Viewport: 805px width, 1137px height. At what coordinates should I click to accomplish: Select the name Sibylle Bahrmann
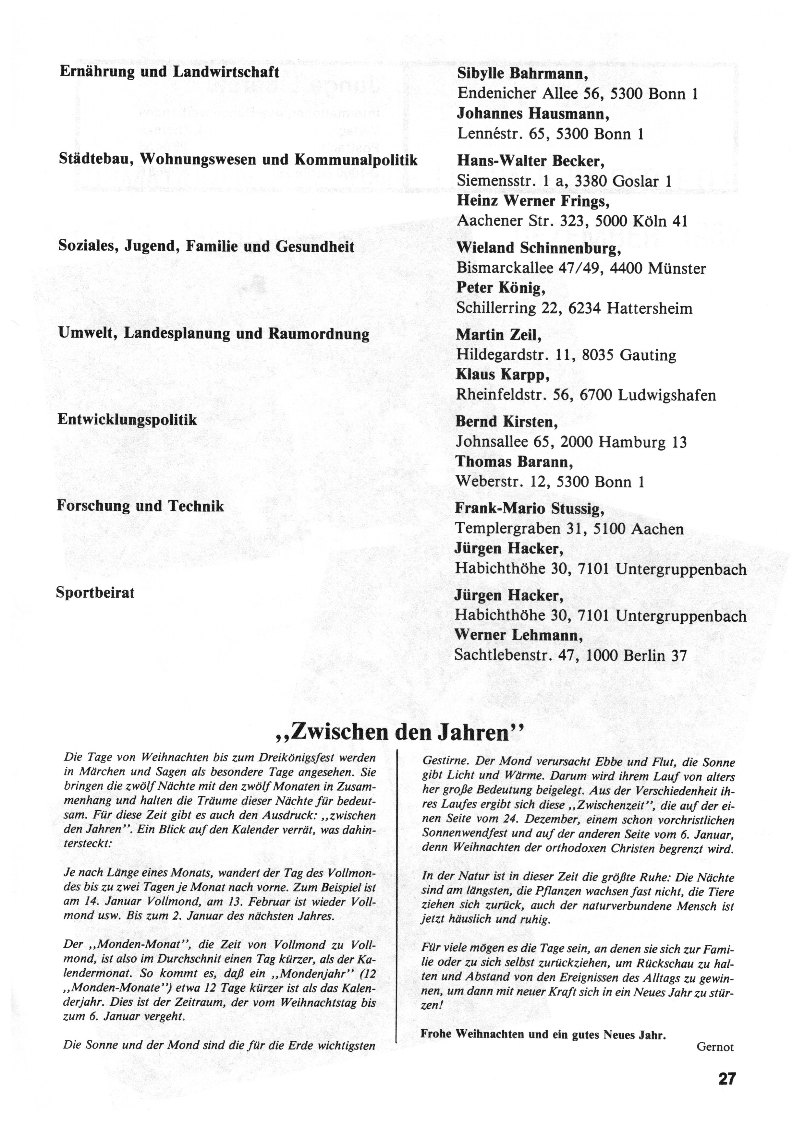(522, 74)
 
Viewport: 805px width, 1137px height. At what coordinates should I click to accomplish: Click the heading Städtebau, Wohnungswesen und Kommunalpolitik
(238, 160)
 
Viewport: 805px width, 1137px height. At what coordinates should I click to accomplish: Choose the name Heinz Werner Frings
(533, 201)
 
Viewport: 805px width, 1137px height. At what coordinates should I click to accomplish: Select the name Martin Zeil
(499, 335)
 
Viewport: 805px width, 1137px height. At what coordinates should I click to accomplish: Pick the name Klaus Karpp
(503, 375)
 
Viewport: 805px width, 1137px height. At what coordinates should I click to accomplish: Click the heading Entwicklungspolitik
(127, 420)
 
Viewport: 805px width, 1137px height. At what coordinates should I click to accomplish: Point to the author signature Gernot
(715, 1047)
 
